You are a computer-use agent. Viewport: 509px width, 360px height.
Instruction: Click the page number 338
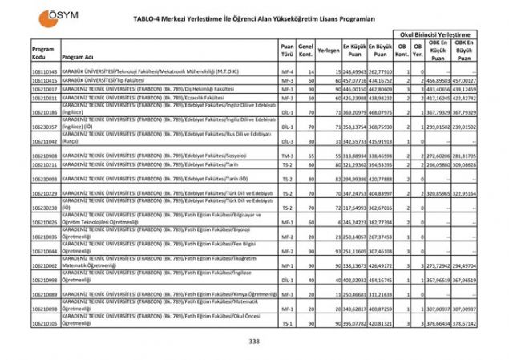tap(254, 342)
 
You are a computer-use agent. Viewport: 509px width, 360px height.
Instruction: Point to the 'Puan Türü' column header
tap(287, 51)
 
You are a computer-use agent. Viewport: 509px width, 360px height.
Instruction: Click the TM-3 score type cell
tap(287, 154)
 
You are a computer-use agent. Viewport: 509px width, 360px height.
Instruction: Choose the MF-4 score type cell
tap(287, 72)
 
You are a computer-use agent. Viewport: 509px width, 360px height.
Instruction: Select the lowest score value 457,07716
tap(353, 81)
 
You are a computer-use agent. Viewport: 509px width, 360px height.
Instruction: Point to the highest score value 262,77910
tap(381, 72)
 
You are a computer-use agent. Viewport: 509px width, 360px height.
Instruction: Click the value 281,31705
tap(464, 154)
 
